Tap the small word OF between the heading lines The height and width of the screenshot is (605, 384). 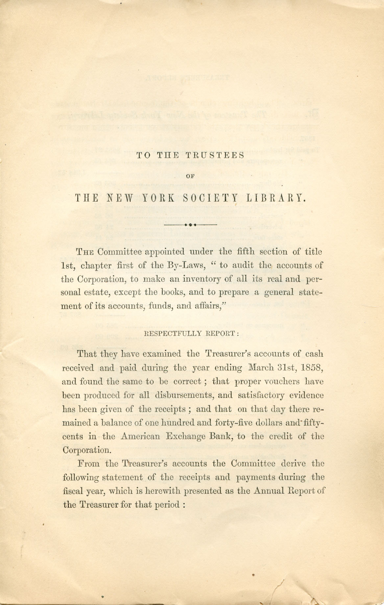[x=191, y=176]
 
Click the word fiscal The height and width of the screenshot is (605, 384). [x=72, y=491]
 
